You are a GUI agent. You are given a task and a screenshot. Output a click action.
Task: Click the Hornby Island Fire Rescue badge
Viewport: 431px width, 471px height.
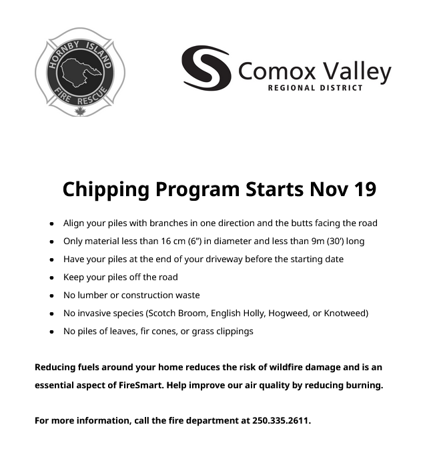point(80,71)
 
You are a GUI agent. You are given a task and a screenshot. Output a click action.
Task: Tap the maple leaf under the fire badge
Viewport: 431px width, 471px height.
point(80,111)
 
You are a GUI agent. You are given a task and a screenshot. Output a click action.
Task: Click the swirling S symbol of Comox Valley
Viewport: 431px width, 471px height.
point(206,68)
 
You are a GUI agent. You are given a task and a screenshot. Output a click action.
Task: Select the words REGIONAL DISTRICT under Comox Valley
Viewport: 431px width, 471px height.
point(315,88)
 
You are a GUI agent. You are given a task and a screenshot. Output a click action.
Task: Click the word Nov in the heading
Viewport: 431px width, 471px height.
point(325,189)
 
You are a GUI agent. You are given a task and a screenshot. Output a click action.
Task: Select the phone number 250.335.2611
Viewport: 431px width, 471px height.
point(281,421)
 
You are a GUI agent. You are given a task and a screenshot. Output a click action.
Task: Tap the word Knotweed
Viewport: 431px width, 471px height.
point(345,313)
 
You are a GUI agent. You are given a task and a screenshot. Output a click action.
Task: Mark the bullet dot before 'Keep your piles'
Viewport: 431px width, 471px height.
point(51,278)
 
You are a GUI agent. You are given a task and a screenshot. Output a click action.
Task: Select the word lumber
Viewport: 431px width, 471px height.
point(93,295)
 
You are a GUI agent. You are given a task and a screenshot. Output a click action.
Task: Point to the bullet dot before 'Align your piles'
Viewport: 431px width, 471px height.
point(51,223)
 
